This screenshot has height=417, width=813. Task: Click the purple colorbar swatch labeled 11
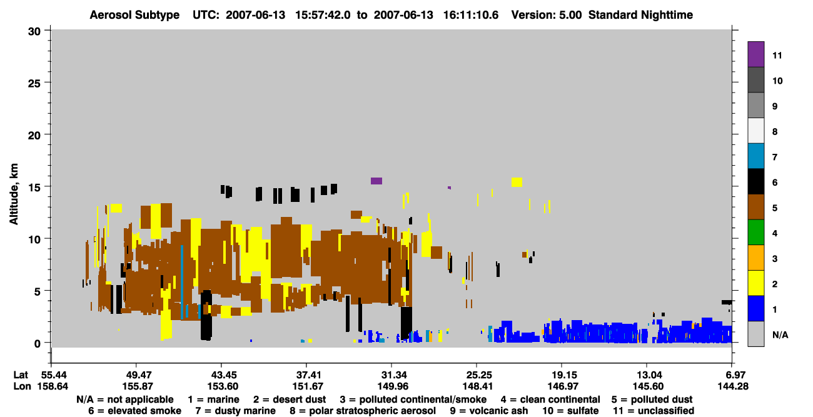pyautogui.click(x=755, y=54)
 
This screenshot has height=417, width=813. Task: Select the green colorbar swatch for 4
pyautogui.click(x=755, y=233)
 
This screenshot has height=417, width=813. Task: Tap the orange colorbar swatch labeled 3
pyautogui.click(x=755, y=258)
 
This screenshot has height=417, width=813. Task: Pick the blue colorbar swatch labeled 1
pyautogui.click(x=755, y=308)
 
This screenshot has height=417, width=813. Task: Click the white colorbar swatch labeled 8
pyautogui.click(x=755, y=131)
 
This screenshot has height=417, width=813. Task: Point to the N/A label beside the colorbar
pyautogui.click(x=780, y=334)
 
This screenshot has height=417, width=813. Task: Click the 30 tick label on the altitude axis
pyautogui.click(x=34, y=31)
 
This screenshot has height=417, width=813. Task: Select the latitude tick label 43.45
pyautogui.click(x=221, y=375)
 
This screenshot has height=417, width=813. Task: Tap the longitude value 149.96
pyautogui.click(x=392, y=386)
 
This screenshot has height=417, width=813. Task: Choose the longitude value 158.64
pyautogui.click(x=53, y=386)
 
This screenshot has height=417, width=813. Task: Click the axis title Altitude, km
pyautogui.click(x=14, y=194)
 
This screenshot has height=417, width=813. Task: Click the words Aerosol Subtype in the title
pyautogui.click(x=134, y=15)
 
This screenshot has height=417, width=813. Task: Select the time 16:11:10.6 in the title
pyautogui.click(x=471, y=15)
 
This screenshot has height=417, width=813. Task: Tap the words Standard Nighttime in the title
pyautogui.click(x=640, y=15)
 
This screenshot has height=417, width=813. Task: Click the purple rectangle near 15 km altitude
pyautogui.click(x=376, y=181)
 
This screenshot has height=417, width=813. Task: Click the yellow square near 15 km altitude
pyautogui.click(x=517, y=182)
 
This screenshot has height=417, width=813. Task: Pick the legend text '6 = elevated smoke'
pyautogui.click(x=134, y=411)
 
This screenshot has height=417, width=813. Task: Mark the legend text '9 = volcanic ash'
pyautogui.click(x=489, y=411)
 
